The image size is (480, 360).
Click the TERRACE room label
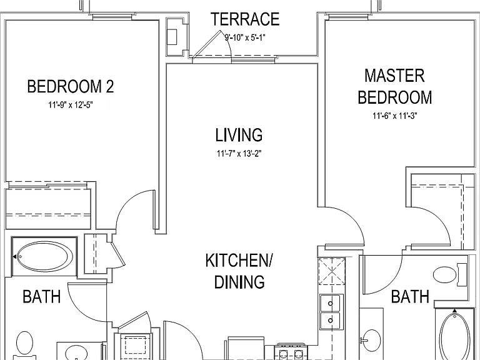pyautogui.click(x=245, y=19)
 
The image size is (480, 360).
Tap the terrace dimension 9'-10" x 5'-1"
pyautogui.click(x=245, y=37)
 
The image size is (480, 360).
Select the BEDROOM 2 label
pyautogui.click(x=71, y=86)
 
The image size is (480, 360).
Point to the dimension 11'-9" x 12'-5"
pyautogui.click(x=71, y=105)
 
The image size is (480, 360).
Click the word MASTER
pyautogui.click(x=394, y=76)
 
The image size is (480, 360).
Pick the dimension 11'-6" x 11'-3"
pyautogui.click(x=395, y=116)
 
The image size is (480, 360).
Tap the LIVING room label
pyautogui.click(x=239, y=135)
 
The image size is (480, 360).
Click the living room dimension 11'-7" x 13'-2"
pyautogui.click(x=239, y=153)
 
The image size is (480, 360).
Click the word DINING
pyautogui.click(x=239, y=282)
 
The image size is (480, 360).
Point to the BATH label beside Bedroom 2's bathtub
pyautogui.click(x=42, y=297)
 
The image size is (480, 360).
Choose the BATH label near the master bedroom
pyautogui.click(x=410, y=297)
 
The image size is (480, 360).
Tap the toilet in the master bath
pyautogui.click(x=450, y=275)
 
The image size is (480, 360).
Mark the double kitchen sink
pyautogui.click(x=330, y=312)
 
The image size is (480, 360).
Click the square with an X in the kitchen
pyautogui.click(x=331, y=271)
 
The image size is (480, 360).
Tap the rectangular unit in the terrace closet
pyautogui.click(x=172, y=37)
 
